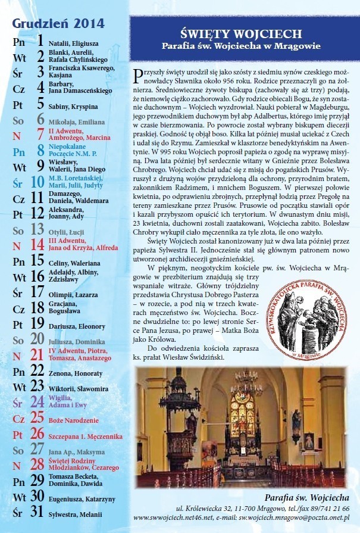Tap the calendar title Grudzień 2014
click(58, 24)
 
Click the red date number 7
click(40, 134)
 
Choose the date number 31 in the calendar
click(37, 512)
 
